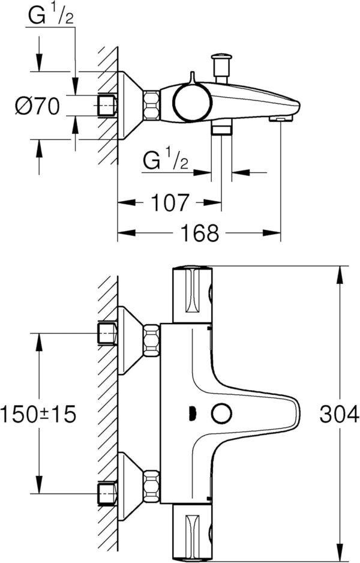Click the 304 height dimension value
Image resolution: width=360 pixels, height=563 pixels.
pyautogui.click(x=339, y=414)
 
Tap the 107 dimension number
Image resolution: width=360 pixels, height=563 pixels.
pyautogui.click(x=170, y=203)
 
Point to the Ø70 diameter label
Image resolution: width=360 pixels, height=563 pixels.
pyautogui.click(x=37, y=106)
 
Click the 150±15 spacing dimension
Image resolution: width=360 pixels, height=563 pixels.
pyautogui.click(x=38, y=414)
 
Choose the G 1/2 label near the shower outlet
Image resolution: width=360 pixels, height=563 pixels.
pyautogui.click(x=166, y=161)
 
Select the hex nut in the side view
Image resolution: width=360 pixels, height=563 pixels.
pyautogui.click(x=151, y=106)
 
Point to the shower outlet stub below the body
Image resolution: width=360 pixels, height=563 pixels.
pyautogui.click(x=221, y=128)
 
